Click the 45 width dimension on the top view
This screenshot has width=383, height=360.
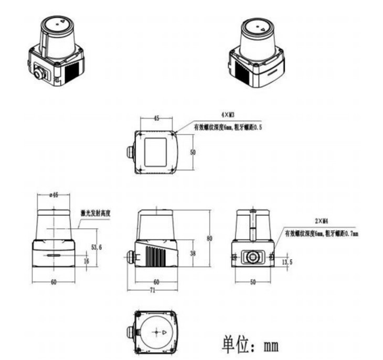tap(156, 119)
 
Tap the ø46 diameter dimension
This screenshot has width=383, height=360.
tap(53, 195)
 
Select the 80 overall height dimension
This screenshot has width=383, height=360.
tap(209, 238)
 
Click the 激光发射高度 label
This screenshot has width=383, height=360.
tap(97, 213)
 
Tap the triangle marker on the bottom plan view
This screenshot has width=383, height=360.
tap(165, 333)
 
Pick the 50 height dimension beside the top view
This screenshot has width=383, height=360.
tap(192, 152)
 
